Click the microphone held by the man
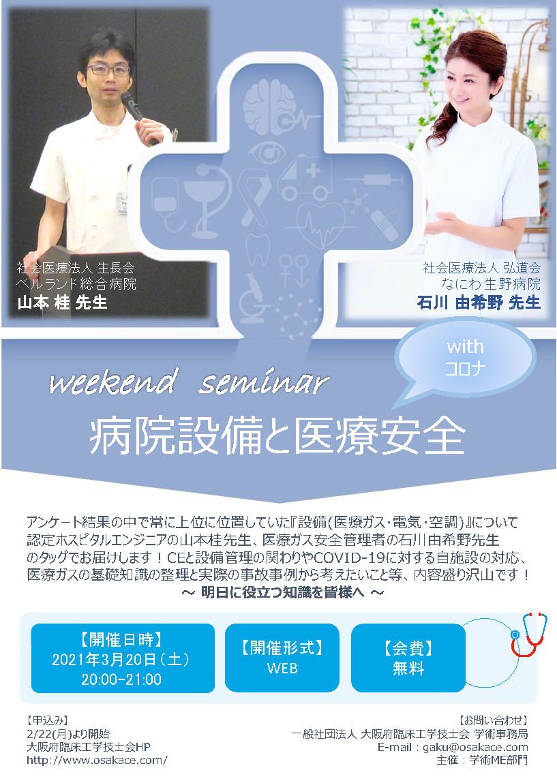[136, 110]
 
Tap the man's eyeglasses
[108, 70]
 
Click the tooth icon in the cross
[258, 249]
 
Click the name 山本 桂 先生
[62, 303]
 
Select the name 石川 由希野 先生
[479, 303]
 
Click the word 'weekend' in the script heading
[114, 382]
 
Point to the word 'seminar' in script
[265, 382]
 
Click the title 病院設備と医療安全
[277, 436]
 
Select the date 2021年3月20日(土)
[121, 660]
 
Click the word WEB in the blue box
[282, 668]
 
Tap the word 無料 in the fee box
[408, 668]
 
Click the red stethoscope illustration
[528, 635]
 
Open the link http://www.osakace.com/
[97, 761]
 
